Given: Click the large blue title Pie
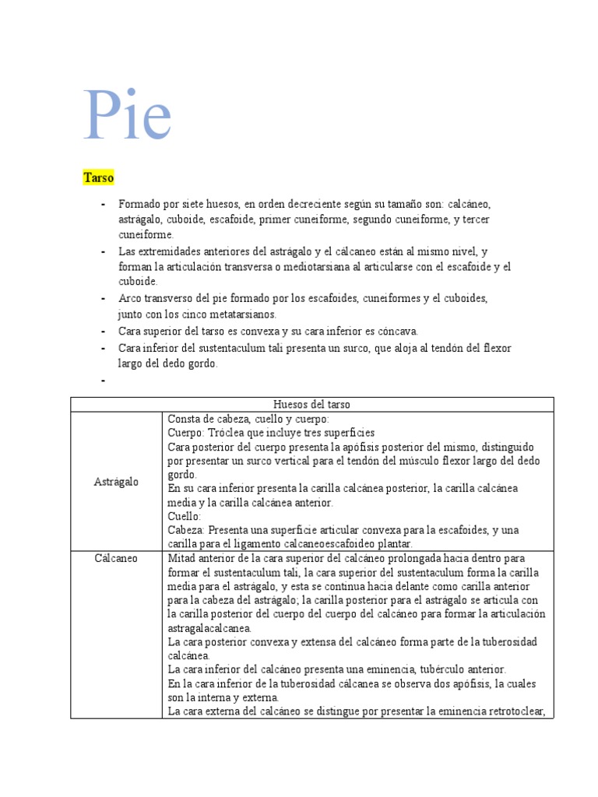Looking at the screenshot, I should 128,115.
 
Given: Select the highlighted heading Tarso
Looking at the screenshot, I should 99,178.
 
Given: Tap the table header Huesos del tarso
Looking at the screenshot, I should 311,404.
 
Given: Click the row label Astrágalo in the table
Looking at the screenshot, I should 117,482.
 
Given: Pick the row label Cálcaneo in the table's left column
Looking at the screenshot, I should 116,558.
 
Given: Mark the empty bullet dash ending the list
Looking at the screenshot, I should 103,381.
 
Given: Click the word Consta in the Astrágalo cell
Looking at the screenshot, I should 183,419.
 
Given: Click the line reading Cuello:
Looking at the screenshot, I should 185,516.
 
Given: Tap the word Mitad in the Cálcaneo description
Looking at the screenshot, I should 181,558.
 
